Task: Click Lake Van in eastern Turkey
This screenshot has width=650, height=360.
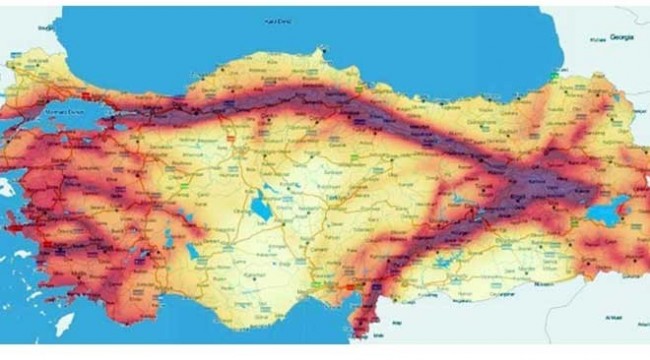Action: coord(606,212)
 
